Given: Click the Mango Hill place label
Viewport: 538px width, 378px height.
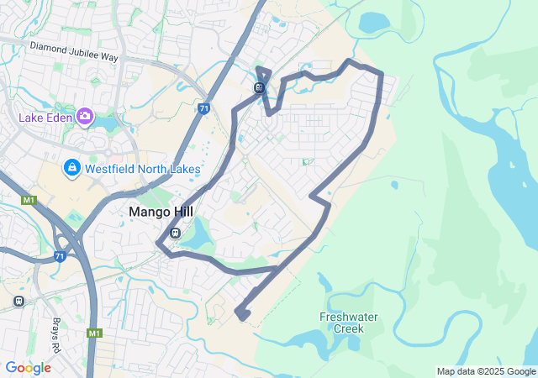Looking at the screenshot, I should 161,213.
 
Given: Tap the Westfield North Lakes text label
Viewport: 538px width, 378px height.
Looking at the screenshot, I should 141,169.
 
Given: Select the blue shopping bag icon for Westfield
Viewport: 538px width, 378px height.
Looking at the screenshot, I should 72,169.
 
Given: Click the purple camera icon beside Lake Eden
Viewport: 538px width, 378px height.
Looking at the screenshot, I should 84,116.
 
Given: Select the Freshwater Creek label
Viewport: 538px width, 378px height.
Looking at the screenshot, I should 348,323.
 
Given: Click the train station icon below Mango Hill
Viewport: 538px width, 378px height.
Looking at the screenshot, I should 175,234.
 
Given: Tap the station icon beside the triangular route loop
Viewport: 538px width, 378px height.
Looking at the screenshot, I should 259,88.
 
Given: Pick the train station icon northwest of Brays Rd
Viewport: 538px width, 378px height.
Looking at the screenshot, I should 18,300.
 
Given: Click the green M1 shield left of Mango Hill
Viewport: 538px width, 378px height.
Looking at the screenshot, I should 29,200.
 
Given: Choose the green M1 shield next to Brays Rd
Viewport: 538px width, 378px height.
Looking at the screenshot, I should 92,333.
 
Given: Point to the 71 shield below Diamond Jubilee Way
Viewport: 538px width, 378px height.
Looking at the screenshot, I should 204,108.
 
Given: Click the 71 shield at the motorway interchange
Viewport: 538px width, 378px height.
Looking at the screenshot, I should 60,256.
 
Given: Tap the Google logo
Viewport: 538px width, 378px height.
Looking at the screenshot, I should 28,368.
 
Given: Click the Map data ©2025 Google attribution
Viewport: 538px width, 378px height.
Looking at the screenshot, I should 486,371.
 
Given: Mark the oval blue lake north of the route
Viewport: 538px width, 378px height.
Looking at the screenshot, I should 372,22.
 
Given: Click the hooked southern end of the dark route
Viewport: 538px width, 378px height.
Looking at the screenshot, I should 242,314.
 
